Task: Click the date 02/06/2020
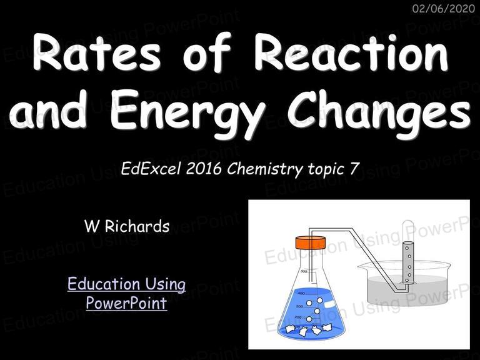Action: [x=444, y=8]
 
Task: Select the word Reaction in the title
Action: [x=351, y=52]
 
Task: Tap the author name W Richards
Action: [x=127, y=226]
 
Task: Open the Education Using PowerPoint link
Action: [x=126, y=293]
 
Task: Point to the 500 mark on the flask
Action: [x=304, y=271]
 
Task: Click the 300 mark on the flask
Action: [x=299, y=306]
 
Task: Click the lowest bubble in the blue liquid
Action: [x=309, y=319]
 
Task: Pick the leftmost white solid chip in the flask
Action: [x=289, y=329]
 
